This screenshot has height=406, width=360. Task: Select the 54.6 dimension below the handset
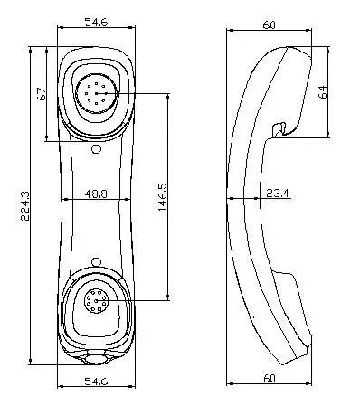tap(96, 382)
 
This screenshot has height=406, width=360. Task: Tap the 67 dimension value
tap(41, 95)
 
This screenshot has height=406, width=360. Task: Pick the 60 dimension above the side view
tap(269, 25)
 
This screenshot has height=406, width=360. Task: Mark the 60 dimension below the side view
tap(270, 377)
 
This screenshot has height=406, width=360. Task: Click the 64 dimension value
tap(323, 92)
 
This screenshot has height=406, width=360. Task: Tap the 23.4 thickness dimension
tap(277, 194)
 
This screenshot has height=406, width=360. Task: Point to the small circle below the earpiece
tap(96, 149)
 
